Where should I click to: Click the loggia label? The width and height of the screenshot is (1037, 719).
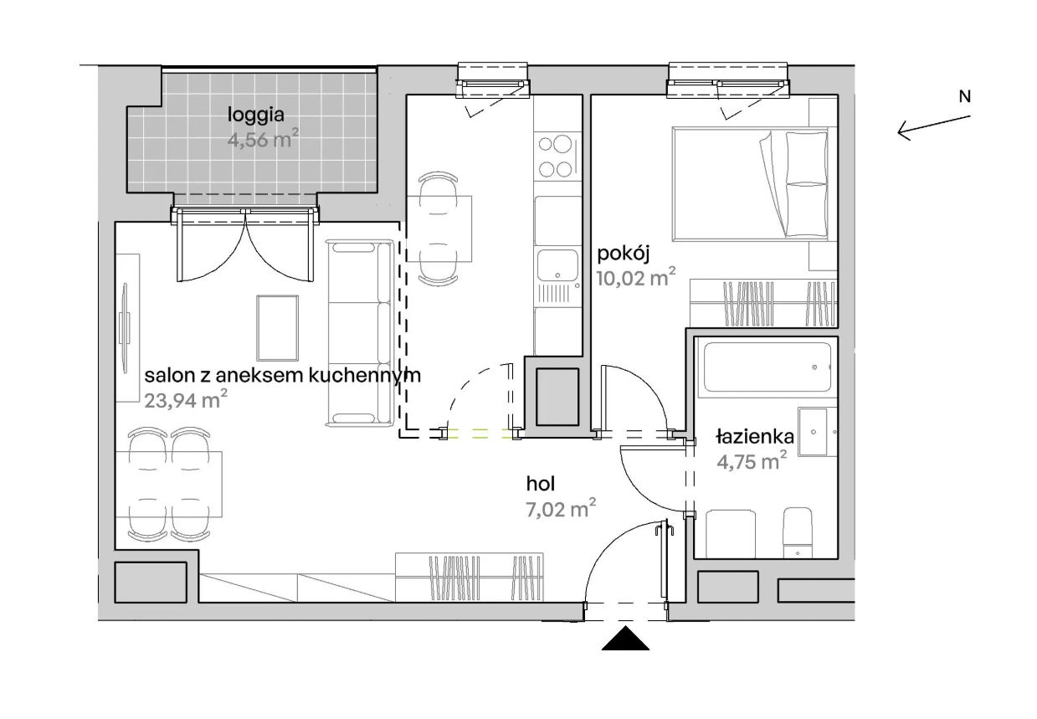pos(255,115)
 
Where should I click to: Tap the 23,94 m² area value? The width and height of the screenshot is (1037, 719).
pos(186,399)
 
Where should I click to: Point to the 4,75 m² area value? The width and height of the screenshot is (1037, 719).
pos(752,460)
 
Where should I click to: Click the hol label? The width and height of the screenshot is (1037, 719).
pos(540,485)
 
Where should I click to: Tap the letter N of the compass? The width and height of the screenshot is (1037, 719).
pos(965,97)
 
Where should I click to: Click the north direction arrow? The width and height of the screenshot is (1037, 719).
pos(934,128)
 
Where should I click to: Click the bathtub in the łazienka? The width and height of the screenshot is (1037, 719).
pos(767,367)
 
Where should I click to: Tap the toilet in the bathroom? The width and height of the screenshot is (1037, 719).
pos(797,532)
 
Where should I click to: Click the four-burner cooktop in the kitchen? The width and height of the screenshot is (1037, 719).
pos(556,156)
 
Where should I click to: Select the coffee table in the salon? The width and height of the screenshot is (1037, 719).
pos(277,328)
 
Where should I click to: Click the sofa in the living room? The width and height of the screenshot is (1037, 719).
pos(360,332)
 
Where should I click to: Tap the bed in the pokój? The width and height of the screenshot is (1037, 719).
pos(751,184)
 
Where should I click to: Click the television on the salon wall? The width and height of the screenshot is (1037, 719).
pos(125,328)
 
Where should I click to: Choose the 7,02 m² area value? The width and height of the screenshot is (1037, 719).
pos(561,509)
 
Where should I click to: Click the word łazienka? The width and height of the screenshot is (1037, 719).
pos(755,437)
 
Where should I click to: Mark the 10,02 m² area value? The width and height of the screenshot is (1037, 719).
pos(636,277)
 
